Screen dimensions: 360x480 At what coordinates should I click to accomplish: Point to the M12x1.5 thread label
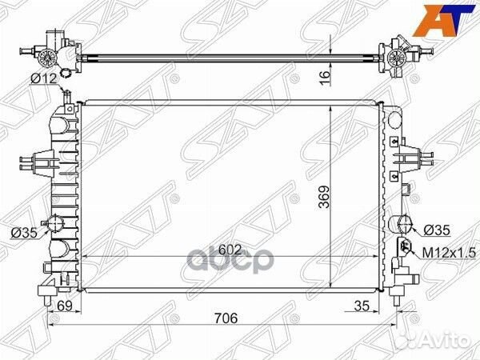point(448,252)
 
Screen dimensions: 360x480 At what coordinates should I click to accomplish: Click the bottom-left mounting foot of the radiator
point(48,286)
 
